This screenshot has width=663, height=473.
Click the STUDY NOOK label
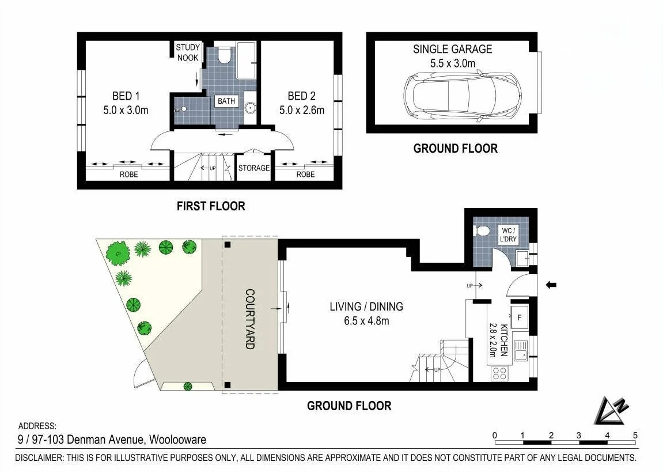tap(188, 52)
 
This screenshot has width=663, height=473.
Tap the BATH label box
tap(226, 101)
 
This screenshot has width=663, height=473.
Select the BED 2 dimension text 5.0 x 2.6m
tap(301, 111)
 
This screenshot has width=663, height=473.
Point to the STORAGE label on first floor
tap(253, 168)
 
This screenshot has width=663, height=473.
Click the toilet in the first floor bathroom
tap(224, 55)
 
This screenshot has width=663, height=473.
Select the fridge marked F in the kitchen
tap(520, 317)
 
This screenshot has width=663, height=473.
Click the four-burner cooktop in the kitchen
tap(499, 373)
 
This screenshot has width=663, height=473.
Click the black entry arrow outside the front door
tap(551, 285)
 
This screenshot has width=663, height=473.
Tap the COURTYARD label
tap(250, 319)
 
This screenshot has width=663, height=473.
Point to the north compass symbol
tap(611, 410)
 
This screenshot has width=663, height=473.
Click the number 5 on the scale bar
tap(635, 435)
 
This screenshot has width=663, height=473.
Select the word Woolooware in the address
tap(177, 440)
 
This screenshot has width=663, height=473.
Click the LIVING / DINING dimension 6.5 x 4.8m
tap(366, 321)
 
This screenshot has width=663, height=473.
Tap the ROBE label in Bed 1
tap(128, 175)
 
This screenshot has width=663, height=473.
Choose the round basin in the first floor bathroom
tap(251, 107)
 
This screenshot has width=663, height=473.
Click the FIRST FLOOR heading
tap(211, 206)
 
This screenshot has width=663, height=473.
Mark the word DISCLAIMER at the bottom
tap(39, 458)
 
